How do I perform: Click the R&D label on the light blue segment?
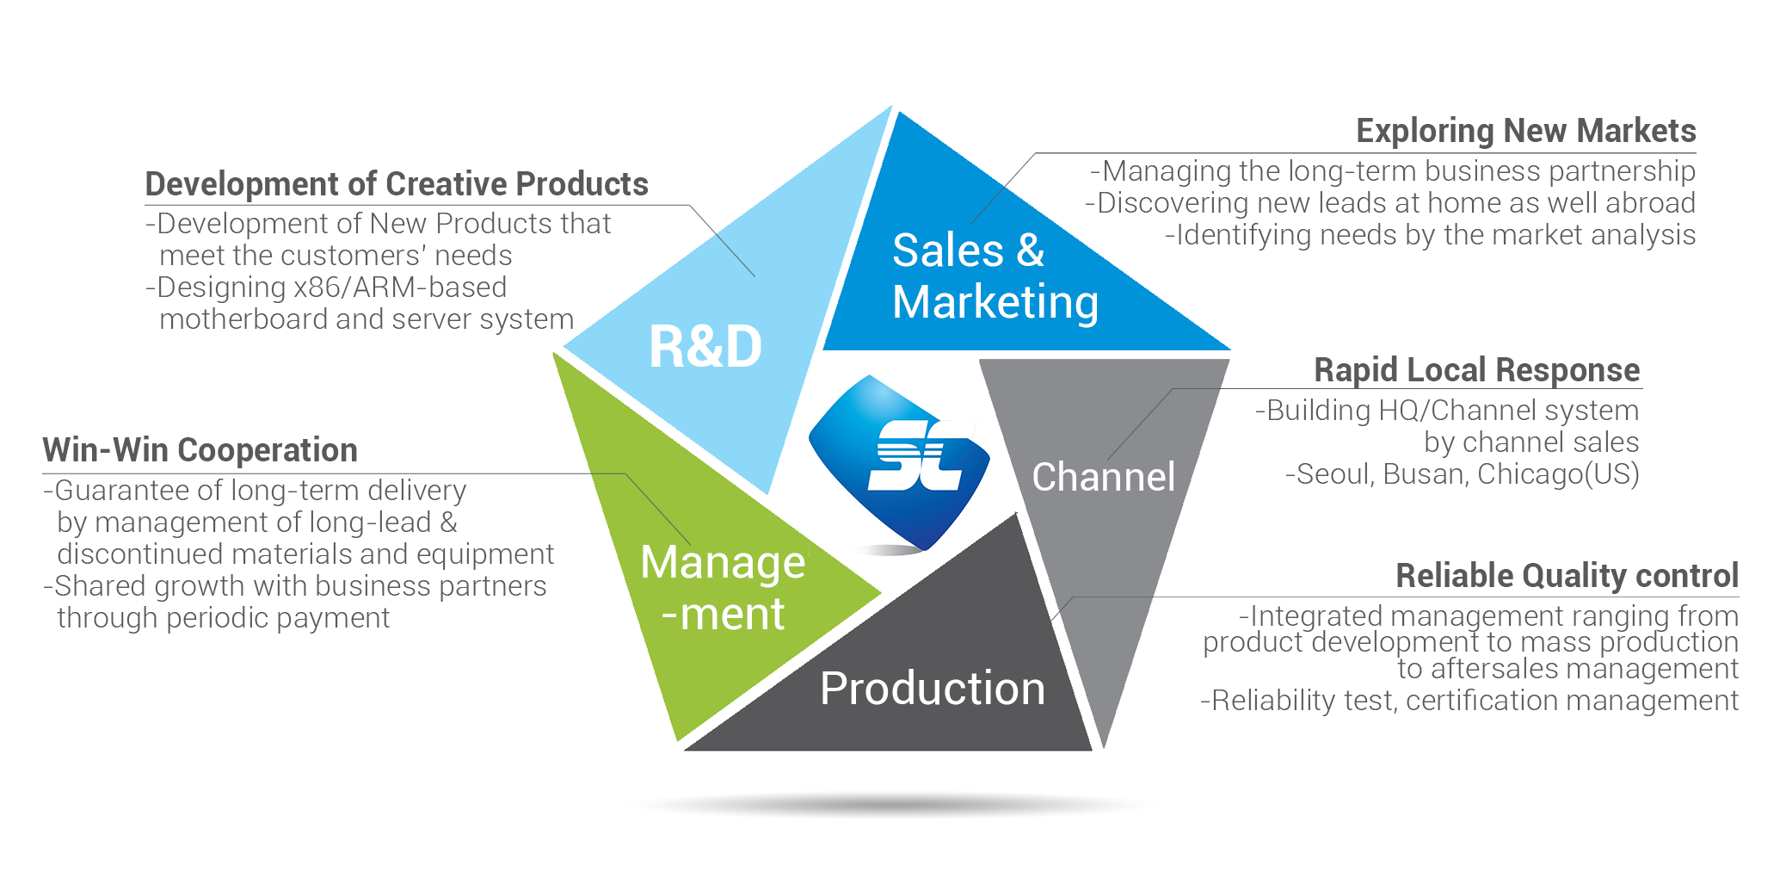click(x=705, y=347)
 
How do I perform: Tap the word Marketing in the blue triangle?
click(x=995, y=303)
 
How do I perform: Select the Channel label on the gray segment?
click(x=1104, y=477)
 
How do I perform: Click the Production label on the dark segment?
click(x=933, y=689)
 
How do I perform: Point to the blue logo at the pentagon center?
click(x=899, y=462)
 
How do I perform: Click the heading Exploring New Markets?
click(x=1526, y=131)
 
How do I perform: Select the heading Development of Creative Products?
click(x=397, y=184)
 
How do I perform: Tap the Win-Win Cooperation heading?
click(x=200, y=450)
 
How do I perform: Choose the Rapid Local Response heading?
click(x=1477, y=370)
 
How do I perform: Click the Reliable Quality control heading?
click(x=1568, y=576)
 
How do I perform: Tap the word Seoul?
click(x=1333, y=474)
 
